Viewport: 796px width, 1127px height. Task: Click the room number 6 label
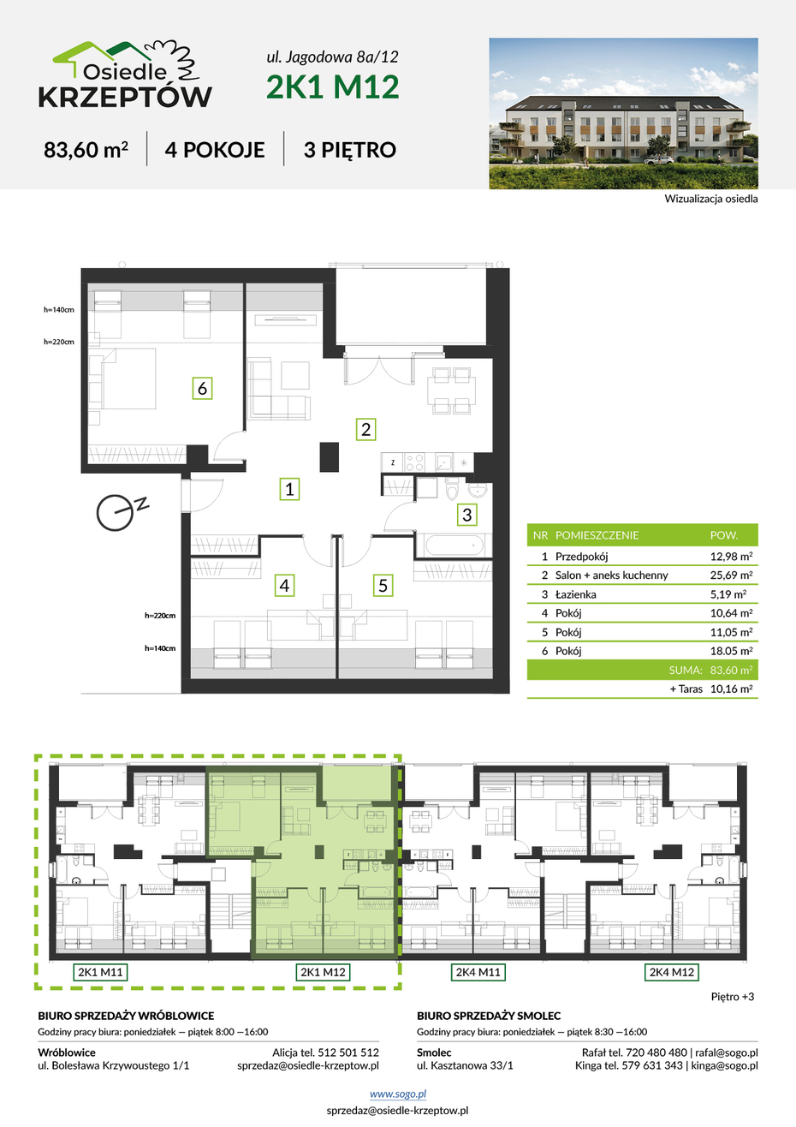click(x=202, y=388)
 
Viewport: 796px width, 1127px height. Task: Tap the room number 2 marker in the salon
click(x=365, y=429)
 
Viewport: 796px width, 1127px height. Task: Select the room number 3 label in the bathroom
click(x=466, y=515)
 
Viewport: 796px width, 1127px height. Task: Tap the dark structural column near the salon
click(x=330, y=456)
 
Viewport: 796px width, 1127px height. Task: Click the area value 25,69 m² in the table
click(x=731, y=575)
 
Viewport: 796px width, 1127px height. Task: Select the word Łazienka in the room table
click(x=576, y=594)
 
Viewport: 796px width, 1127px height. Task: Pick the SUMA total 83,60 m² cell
click(x=731, y=671)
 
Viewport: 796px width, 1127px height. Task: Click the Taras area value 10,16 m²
click(x=731, y=689)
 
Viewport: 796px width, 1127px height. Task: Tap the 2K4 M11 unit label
click(x=478, y=972)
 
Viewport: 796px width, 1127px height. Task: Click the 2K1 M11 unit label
click(x=100, y=972)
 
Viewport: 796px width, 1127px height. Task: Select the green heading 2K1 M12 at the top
click(x=332, y=86)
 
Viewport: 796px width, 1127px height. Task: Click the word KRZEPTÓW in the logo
click(x=125, y=97)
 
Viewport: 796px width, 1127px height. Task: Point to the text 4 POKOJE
click(x=215, y=150)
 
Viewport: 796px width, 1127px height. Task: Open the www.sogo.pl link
click(x=398, y=1094)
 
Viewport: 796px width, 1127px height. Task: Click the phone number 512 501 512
click(x=348, y=1052)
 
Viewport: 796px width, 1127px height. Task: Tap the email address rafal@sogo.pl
click(x=727, y=1052)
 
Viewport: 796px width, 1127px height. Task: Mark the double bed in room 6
click(x=122, y=379)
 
